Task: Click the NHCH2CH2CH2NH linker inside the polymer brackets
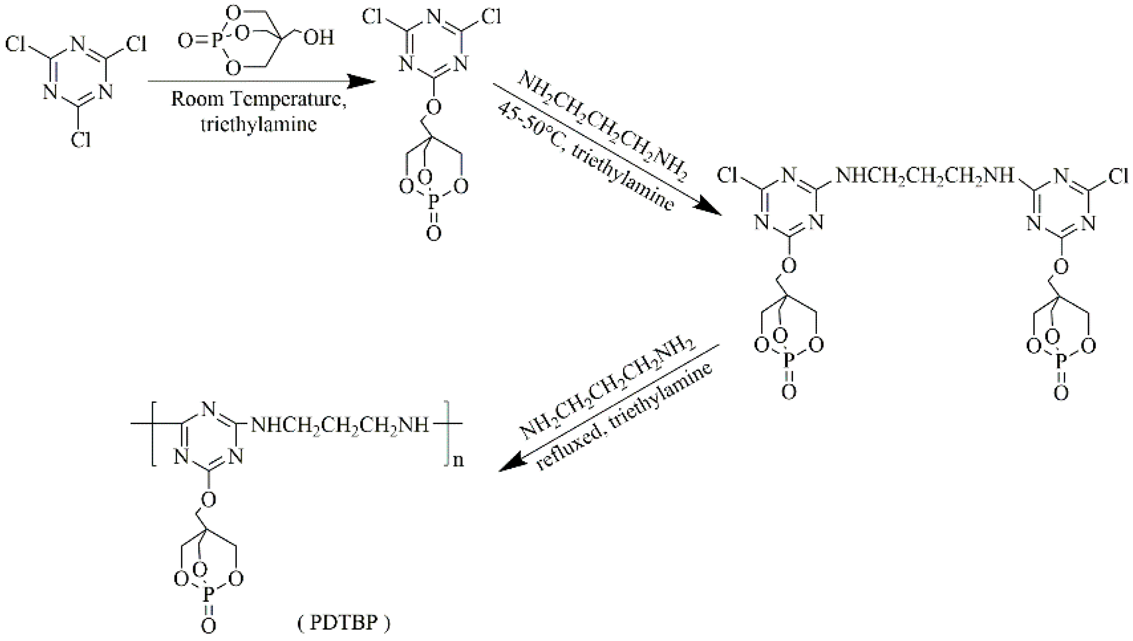[339, 425]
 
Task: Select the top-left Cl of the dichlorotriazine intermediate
[372, 18]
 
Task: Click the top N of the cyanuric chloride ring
[78, 44]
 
